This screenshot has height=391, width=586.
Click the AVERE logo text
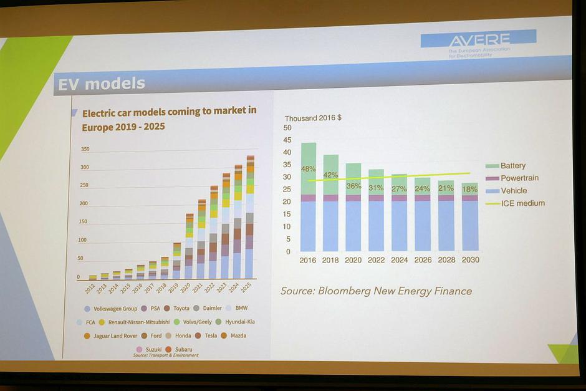pyautogui.click(x=479, y=40)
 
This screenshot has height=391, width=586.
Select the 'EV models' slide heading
pyautogui.click(x=102, y=84)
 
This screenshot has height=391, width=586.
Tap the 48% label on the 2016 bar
pyautogui.click(x=308, y=169)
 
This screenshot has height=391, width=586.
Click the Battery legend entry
pyautogui.click(x=512, y=166)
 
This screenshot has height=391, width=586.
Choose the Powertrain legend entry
pyautogui.click(x=519, y=178)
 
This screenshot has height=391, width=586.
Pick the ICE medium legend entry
pyautogui.click(x=522, y=203)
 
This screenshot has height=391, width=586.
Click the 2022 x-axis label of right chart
pyautogui.click(x=377, y=259)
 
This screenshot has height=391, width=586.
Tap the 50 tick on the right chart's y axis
pyautogui.click(x=287, y=128)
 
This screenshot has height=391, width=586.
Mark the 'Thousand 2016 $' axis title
pyautogui.click(x=313, y=118)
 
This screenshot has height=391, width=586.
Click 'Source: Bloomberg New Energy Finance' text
pyautogui.click(x=376, y=291)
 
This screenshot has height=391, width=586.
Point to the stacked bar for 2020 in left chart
pyautogui.click(x=189, y=246)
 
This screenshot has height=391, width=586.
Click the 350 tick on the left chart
pyautogui.click(x=85, y=150)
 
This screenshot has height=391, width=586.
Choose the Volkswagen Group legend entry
pyautogui.click(x=114, y=308)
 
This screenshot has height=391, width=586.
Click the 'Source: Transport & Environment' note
pyautogui.click(x=166, y=355)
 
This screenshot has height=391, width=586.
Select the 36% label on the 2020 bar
pyautogui.click(x=353, y=186)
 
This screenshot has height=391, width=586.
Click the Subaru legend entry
pyautogui.click(x=183, y=350)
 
